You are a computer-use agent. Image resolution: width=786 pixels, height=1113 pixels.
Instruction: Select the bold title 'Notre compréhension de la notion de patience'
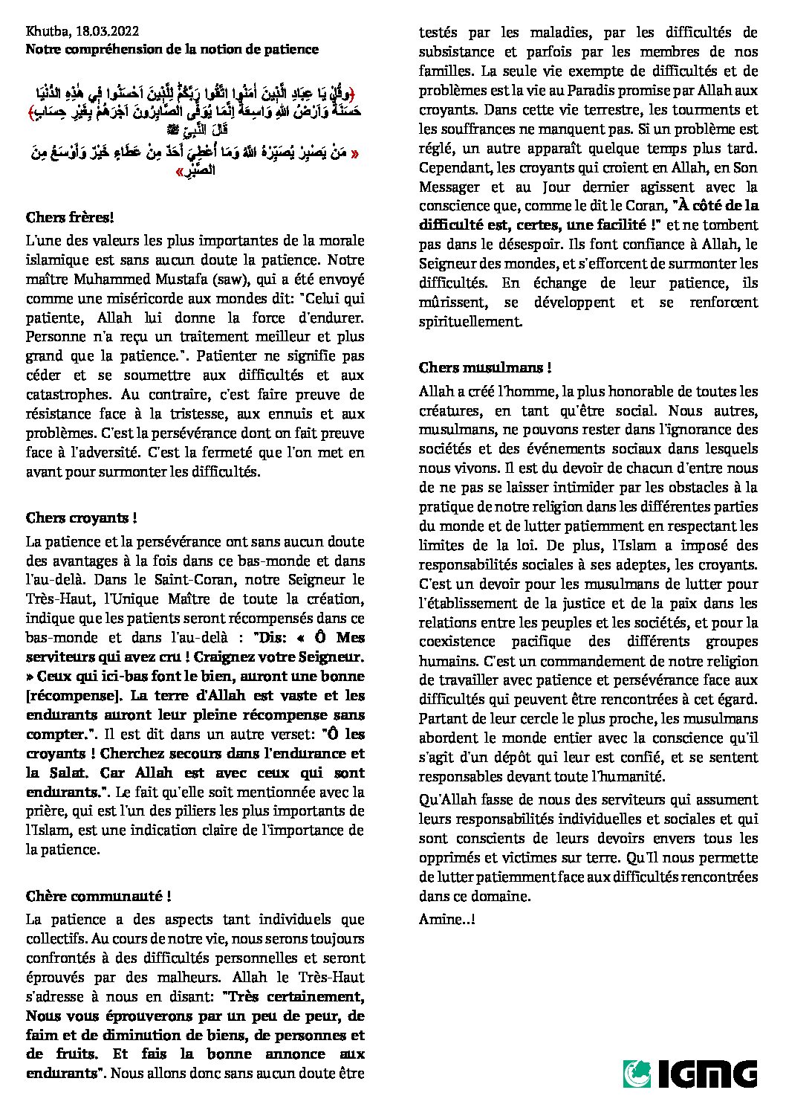[x=172, y=49]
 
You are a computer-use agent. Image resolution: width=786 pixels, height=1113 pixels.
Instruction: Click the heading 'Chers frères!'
[x=70, y=218]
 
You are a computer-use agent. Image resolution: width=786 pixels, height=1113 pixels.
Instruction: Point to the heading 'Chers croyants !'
[x=81, y=518]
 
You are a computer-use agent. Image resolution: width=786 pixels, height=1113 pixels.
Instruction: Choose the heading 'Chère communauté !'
[x=99, y=897]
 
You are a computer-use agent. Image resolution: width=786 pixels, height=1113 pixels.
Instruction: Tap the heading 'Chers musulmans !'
[x=485, y=367]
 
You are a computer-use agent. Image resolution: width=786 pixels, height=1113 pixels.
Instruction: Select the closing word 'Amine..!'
[x=447, y=920]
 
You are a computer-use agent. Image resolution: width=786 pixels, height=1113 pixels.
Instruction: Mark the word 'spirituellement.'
[x=470, y=322]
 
